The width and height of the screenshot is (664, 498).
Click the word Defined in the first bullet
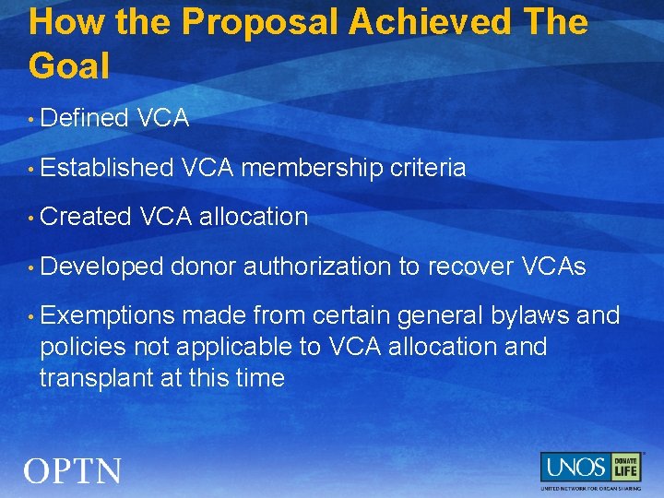84,118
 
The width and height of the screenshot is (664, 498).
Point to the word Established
107,168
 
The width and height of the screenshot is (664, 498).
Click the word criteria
428,168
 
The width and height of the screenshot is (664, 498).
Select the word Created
89,218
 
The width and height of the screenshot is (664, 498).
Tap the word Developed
101,267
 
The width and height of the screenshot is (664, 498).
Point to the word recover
469,267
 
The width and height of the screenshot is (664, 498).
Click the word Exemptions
107,316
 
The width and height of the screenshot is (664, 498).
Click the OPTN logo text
72,471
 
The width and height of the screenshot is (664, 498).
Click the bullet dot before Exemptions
31,317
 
